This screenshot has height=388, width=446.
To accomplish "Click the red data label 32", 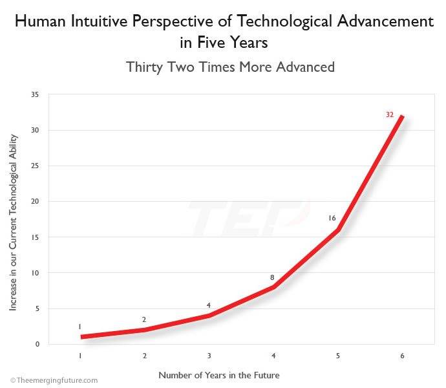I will (x=389, y=114).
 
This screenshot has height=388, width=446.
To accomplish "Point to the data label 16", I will (x=332, y=218).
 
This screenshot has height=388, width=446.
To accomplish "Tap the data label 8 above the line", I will (x=273, y=277).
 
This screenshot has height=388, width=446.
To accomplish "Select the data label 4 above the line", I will (x=209, y=305).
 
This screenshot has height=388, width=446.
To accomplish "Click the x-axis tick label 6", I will (x=402, y=356).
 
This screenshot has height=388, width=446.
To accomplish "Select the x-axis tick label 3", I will (x=209, y=356).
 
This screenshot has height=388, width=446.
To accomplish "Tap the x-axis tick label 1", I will (x=80, y=356).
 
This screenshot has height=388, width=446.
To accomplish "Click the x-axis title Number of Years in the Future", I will (x=219, y=375).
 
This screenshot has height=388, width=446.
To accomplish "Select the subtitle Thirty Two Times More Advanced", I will (x=230, y=67).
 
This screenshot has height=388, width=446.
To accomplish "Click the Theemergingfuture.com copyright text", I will (x=54, y=380).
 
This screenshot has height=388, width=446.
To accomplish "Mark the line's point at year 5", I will (x=337, y=230).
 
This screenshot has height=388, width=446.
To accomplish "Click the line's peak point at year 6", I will (x=402, y=116).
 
